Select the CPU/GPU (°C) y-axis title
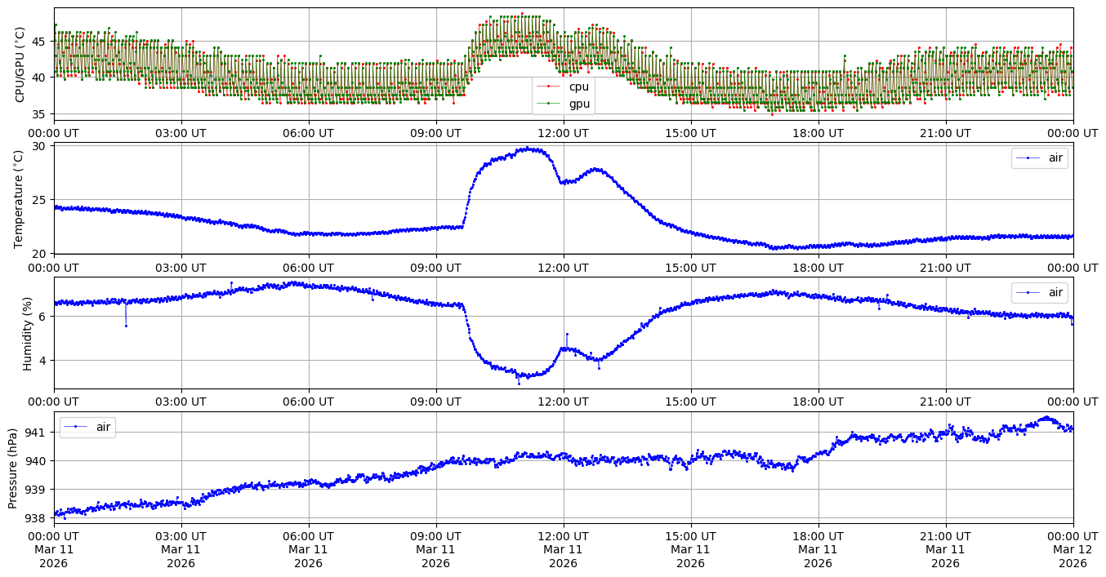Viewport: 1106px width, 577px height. [x=20, y=64]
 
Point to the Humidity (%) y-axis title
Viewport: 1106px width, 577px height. [x=27, y=333]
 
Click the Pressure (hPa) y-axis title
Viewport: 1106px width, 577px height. [x=13, y=468]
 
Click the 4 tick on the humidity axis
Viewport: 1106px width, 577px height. [x=43, y=360]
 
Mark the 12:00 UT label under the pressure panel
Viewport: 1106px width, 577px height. [x=563, y=537]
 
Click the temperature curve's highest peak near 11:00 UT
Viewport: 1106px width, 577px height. [x=528, y=148]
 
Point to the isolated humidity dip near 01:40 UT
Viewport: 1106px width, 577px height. [x=126, y=326]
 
